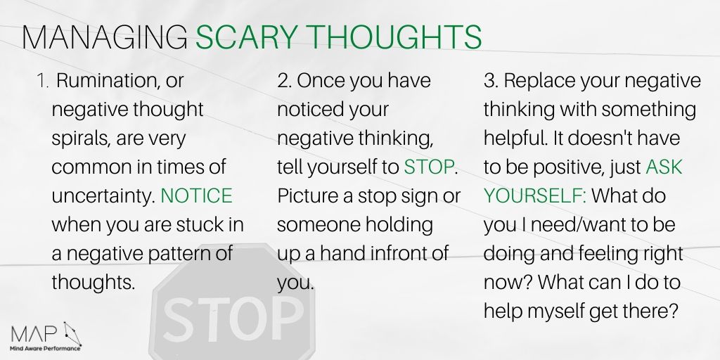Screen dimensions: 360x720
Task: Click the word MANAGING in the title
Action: click(104, 37)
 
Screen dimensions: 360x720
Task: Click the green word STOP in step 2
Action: click(429, 167)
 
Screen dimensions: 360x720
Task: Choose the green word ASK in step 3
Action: click(664, 167)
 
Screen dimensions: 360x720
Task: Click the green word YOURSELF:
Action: click(534, 195)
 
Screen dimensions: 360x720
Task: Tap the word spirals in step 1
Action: click(79, 139)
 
